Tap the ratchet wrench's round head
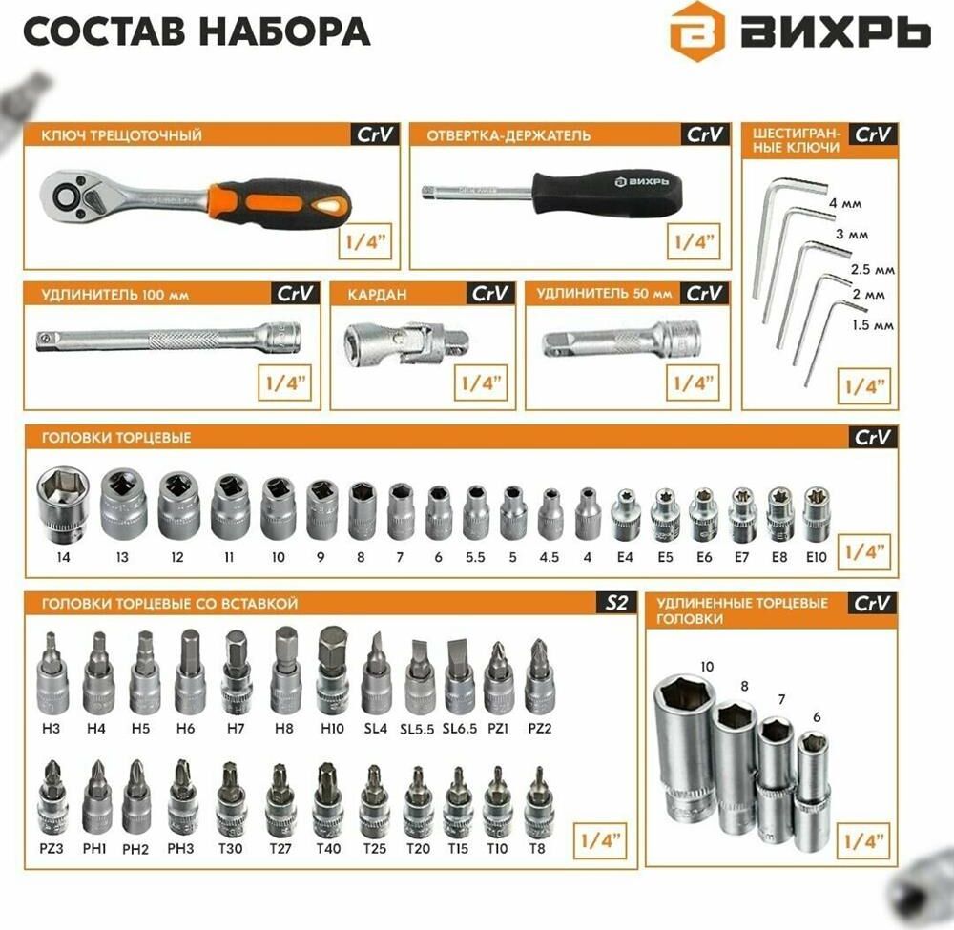click(66, 196)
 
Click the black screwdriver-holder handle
click(607, 194)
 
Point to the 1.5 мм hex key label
click(873, 325)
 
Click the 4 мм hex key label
click(845, 203)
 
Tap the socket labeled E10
click(817, 514)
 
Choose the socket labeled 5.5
click(476, 511)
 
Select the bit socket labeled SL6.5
click(460, 677)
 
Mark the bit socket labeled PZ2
click(538, 675)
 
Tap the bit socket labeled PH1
click(96, 798)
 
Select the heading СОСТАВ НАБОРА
click(197, 31)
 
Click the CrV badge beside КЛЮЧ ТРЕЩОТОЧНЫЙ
click(375, 134)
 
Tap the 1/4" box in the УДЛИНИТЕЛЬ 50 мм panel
click(693, 382)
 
